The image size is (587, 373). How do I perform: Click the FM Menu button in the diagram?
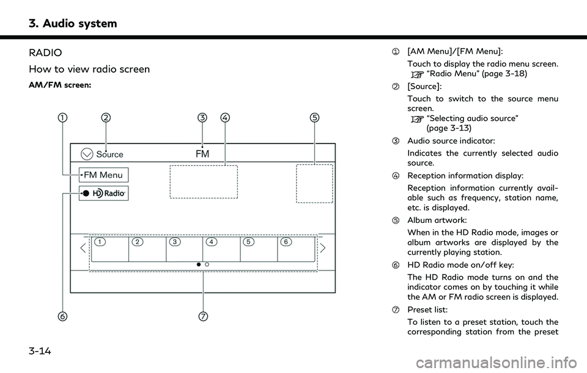103,175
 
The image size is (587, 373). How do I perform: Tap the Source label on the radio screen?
109,154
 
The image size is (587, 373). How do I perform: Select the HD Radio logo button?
103,193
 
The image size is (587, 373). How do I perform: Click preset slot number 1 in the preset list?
110,249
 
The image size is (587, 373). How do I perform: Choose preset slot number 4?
221,249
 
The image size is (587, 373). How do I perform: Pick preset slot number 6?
296,249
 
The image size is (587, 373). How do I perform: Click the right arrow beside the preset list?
322,248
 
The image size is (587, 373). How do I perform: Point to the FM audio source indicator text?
202,154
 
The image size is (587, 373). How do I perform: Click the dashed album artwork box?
314,183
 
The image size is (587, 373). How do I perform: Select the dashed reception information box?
204,181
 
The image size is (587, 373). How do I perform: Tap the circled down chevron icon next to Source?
87,154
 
